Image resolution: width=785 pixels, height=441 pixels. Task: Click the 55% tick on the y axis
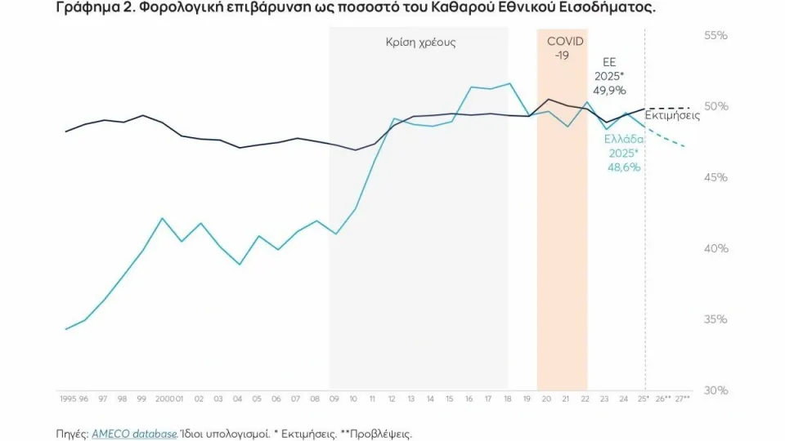click(x=715, y=36)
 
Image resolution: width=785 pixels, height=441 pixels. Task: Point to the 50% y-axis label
click(x=715, y=107)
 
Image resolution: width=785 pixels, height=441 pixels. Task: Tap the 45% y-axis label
click(x=715, y=177)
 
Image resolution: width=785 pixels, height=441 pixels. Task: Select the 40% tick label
click(x=715, y=248)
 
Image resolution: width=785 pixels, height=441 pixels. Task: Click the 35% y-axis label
click(x=715, y=319)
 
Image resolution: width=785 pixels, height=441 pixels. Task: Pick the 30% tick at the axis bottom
click(x=715, y=390)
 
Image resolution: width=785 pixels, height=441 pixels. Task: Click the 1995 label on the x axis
click(x=67, y=399)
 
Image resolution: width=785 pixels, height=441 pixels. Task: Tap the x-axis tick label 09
click(x=334, y=399)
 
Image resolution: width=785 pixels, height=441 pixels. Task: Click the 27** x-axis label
click(x=683, y=399)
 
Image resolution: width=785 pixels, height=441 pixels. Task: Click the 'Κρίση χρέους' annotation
click(x=420, y=42)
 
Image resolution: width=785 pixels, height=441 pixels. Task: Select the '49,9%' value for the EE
click(x=610, y=91)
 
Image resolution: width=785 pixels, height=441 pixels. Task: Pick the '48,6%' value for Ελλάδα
click(x=623, y=167)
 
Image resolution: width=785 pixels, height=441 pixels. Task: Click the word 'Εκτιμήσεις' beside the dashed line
click(x=672, y=117)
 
